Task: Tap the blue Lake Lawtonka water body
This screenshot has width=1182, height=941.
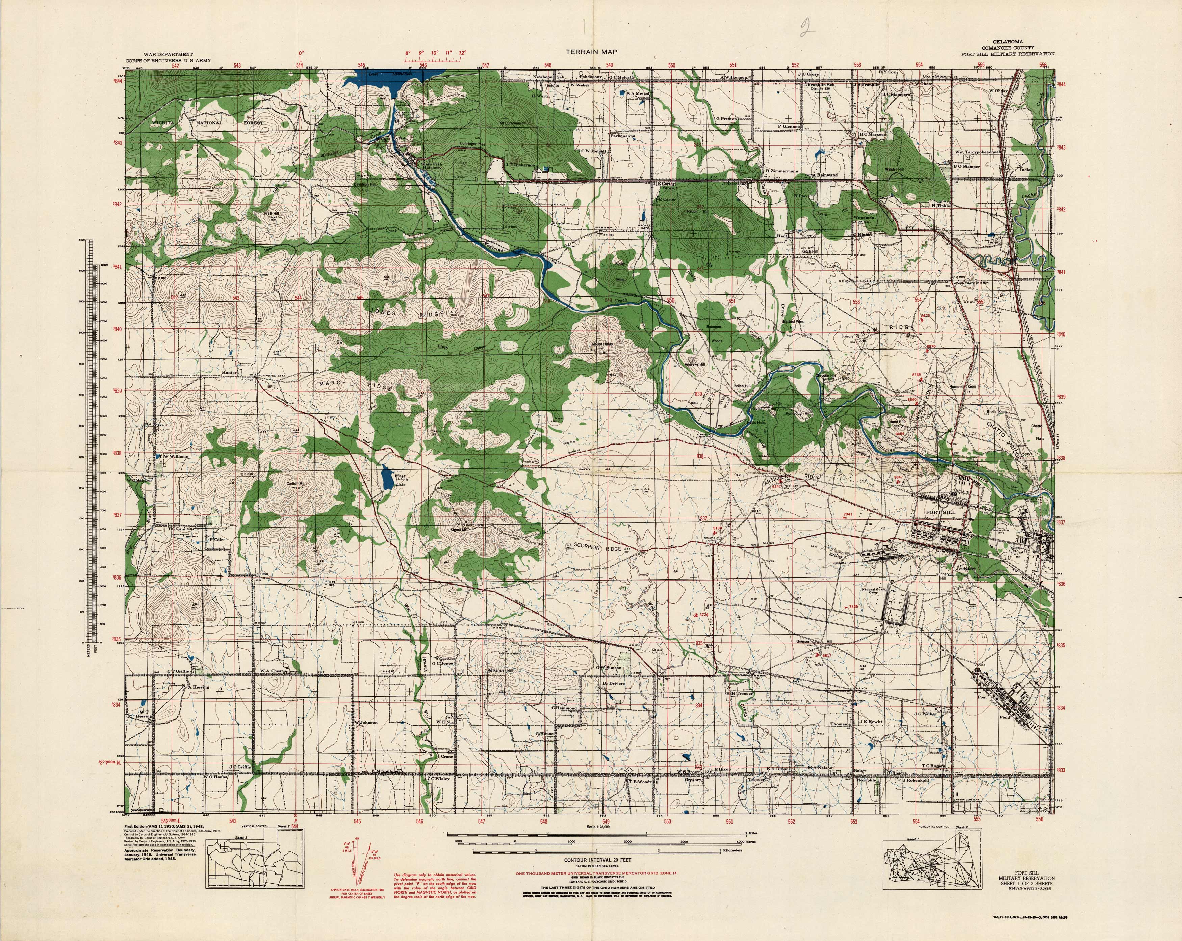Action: coord(378,81)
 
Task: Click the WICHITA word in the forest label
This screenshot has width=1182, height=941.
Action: coord(164,123)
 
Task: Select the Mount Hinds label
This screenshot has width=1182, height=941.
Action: coord(601,345)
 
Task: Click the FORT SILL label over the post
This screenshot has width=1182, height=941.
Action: coord(941,512)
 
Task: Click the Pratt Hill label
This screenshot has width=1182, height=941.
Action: coord(272,213)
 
